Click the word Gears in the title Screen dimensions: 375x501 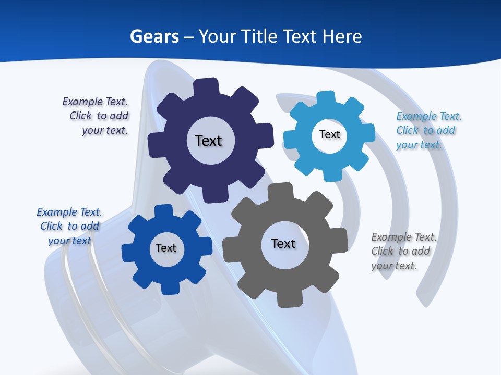coord(154,36)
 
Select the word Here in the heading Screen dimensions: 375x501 coord(342,36)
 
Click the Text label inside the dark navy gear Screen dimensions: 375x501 coord(208,141)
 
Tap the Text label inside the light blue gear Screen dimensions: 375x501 coord(329,135)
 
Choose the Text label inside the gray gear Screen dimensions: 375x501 coord(283,244)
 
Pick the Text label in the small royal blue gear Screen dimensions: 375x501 coord(166,248)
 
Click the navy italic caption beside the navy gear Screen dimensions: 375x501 coord(97,116)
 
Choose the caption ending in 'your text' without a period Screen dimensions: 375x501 coord(69,226)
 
